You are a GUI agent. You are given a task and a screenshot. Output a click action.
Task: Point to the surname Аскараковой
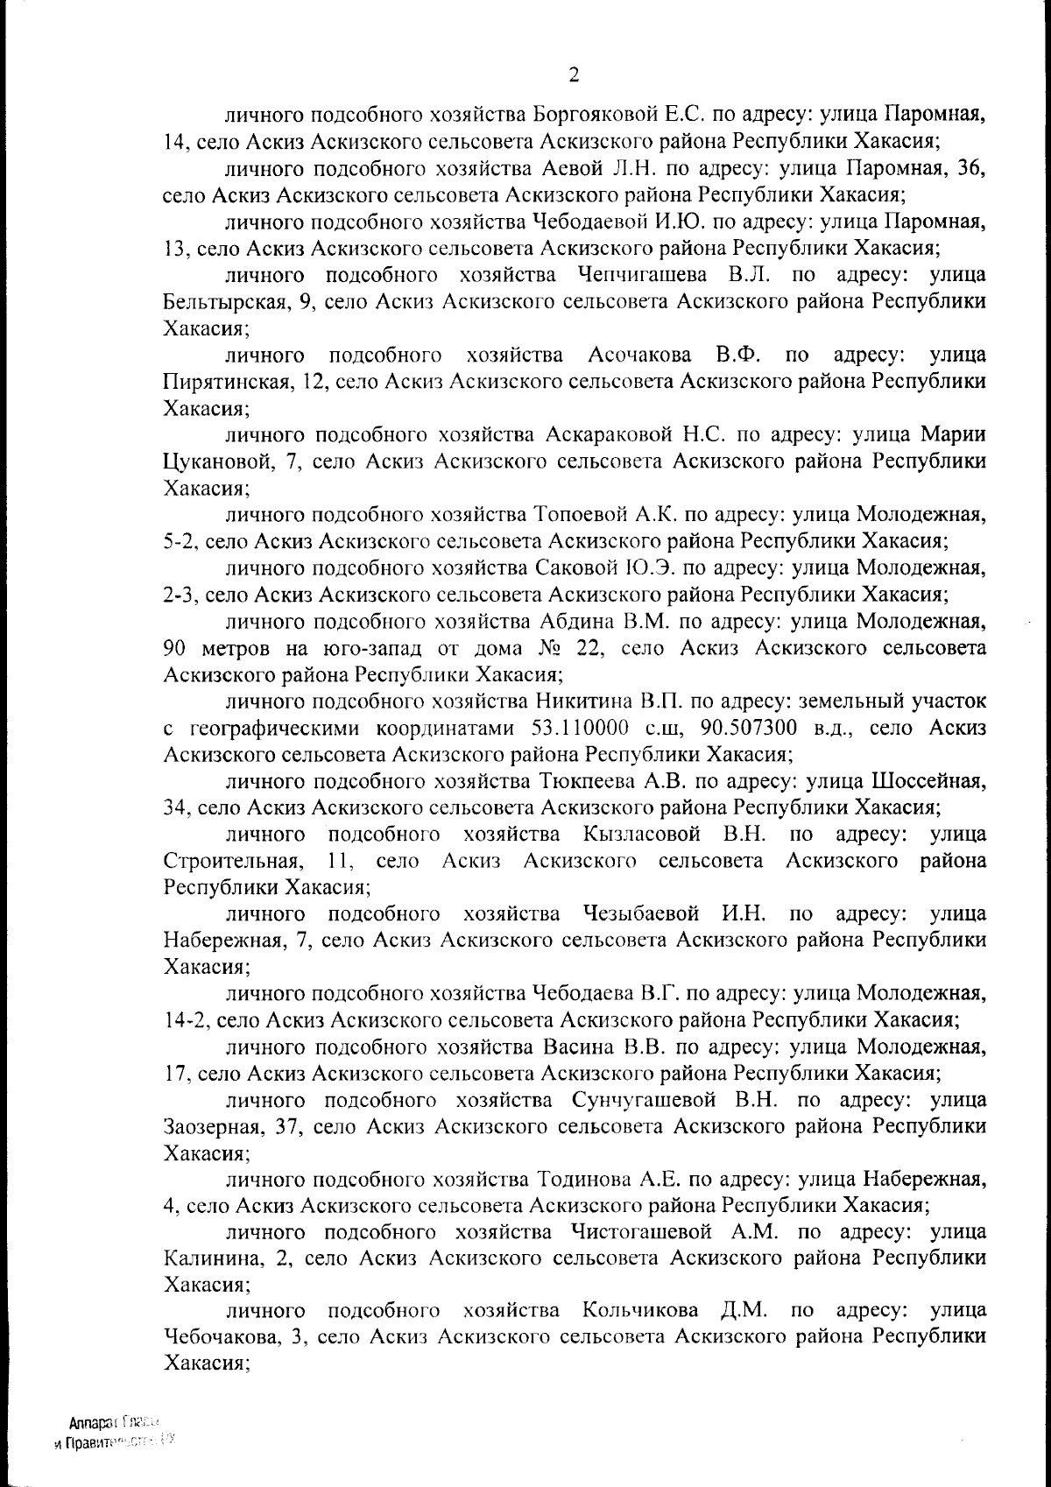pos(608,434)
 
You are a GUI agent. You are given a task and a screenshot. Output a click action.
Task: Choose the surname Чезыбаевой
pos(640,914)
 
